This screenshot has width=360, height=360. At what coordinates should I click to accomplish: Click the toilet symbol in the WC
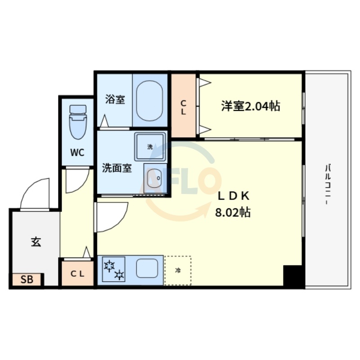77,122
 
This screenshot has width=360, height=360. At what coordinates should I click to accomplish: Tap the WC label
77,153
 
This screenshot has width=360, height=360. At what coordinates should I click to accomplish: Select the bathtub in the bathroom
149,101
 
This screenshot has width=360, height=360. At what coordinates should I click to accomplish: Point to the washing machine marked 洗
150,147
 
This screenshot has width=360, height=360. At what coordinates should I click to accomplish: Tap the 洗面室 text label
117,168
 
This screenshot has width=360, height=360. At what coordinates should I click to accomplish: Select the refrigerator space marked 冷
178,270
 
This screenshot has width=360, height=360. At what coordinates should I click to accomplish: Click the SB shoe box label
27,280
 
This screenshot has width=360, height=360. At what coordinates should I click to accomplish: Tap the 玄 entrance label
36,242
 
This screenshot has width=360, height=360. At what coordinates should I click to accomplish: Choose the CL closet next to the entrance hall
77,273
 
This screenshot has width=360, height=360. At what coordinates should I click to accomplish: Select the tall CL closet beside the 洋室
184,106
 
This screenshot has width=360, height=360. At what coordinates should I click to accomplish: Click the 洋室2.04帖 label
250,106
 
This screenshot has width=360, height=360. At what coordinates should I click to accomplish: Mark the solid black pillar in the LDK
292,276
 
